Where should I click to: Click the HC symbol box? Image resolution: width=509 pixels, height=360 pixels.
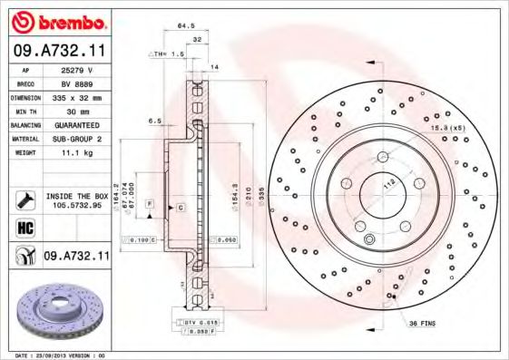point(24,228)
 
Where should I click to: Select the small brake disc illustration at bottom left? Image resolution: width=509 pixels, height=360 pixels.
point(55,312)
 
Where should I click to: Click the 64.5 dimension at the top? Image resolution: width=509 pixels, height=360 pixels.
point(187,26)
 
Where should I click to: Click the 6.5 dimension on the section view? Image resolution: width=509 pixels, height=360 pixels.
point(154,121)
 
